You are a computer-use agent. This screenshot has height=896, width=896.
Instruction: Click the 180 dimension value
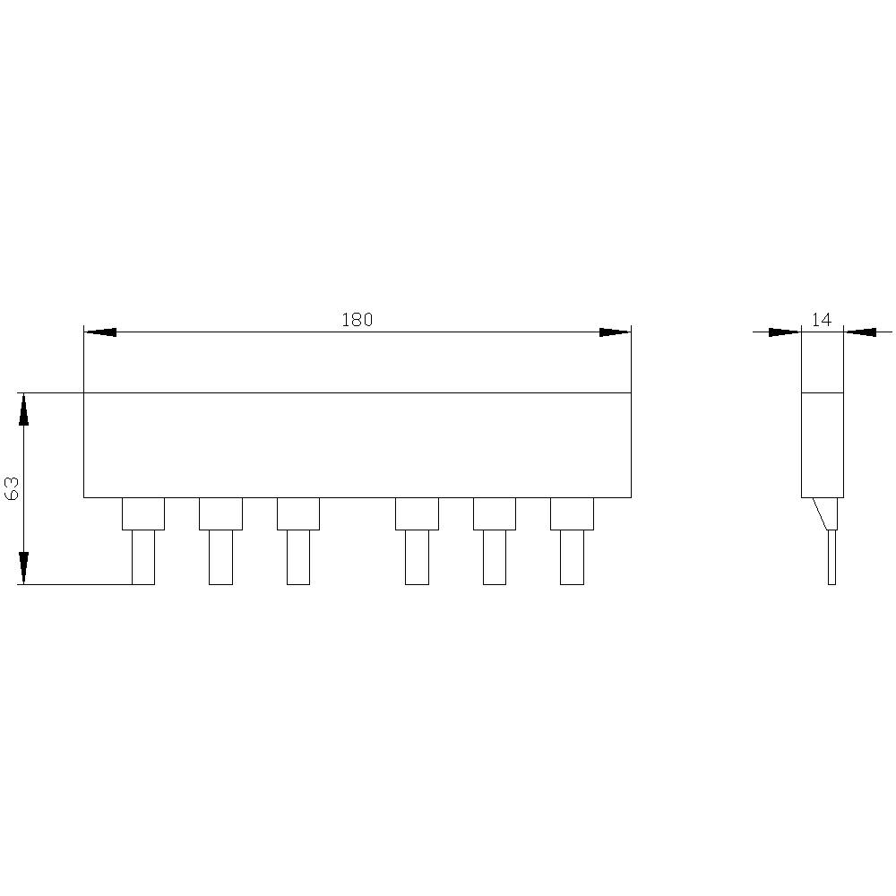coord(358,320)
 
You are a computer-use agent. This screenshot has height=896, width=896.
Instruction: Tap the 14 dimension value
coord(821,320)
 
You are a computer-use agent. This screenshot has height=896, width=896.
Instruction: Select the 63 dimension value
coord(12,488)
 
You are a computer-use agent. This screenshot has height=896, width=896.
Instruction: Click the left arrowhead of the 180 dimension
coord(100,332)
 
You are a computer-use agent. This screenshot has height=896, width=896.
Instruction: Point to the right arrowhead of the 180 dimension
coord(615,332)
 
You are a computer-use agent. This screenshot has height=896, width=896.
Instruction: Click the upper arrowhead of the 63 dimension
coord(23,409)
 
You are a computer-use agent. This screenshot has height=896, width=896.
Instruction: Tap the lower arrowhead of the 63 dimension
coord(23,568)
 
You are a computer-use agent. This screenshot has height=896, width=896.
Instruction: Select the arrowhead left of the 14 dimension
coord(785,332)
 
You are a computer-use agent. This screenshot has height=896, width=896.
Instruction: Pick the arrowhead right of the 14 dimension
coord(860,332)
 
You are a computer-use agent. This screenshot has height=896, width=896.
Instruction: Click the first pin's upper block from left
coord(143,513)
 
